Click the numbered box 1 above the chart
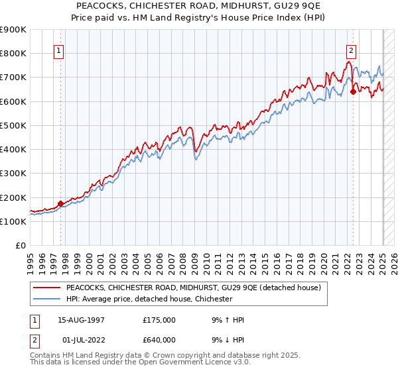[x=58, y=49]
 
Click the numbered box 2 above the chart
[x=351, y=49]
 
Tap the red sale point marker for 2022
[x=353, y=92]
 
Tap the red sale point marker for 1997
[x=60, y=203]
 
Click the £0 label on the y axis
[x=20, y=246]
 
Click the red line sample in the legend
[x=46, y=288]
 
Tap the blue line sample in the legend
[x=46, y=299]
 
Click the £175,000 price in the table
[x=159, y=321]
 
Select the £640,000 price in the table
[x=159, y=340]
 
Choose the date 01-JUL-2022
[x=81, y=340]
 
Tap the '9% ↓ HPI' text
[x=226, y=340]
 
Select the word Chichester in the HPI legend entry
[x=211, y=299]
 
